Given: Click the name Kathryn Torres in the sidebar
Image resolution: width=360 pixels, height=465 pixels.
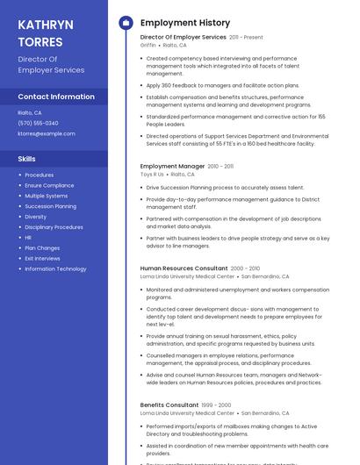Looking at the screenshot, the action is tap(40, 33).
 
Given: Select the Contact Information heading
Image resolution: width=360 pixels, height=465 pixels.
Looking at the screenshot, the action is tap(56, 97).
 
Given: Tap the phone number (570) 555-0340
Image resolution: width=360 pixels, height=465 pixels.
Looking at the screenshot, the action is tap(39, 123).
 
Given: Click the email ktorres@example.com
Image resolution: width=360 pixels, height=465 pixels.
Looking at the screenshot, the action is tap(47, 133).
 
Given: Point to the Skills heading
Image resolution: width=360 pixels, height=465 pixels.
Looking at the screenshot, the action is tap(27, 159).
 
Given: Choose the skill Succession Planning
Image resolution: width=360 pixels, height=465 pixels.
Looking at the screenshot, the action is tap(50, 206).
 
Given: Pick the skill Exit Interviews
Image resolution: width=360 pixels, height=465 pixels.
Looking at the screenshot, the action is tap(41, 258).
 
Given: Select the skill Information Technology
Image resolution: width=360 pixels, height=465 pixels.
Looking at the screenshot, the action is tap(55, 268).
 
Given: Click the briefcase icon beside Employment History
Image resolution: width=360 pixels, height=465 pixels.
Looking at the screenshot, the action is tap(125, 23).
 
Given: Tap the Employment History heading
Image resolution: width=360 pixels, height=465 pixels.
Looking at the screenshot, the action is tap(185, 23).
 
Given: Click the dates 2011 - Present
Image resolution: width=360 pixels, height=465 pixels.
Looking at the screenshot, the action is tap(247, 38).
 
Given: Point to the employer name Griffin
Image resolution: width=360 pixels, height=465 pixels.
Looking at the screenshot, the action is tap(148, 45).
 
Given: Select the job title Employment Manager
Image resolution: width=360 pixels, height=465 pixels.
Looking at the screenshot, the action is tap(172, 166).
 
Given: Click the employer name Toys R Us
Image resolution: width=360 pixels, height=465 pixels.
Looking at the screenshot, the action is tap(152, 174).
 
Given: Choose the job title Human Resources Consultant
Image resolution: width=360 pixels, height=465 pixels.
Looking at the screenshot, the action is tap(184, 268).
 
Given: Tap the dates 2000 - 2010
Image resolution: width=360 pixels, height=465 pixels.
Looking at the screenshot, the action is tap(246, 268).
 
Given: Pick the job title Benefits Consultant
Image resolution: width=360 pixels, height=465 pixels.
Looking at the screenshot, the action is tap(169, 404).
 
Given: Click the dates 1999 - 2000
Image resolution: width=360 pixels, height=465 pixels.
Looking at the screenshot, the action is tap(218, 404).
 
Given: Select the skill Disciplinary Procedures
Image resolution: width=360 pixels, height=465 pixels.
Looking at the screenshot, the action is tap(54, 227).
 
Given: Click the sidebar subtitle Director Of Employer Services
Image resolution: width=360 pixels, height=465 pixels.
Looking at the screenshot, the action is tap(51, 64).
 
